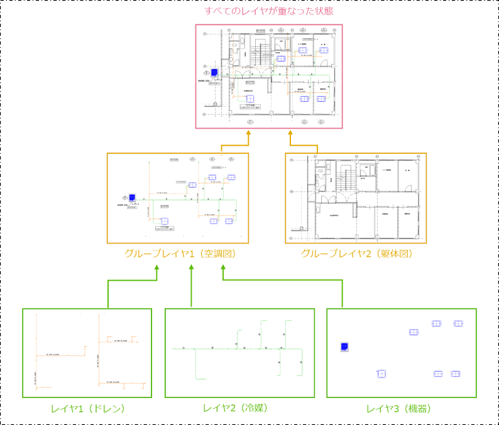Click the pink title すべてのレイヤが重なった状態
[x=268, y=11]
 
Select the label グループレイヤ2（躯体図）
[x=356, y=254]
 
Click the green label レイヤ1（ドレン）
[x=88, y=409]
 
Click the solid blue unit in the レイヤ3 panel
[x=344, y=347]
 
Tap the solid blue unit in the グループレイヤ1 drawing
[x=133, y=196]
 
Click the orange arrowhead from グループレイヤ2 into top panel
[x=291, y=133]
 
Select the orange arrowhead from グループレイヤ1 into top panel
[x=248, y=133]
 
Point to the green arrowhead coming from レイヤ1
[x=156, y=268]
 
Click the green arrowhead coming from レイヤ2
[x=190, y=268]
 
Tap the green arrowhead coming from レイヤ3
[x=222, y=268]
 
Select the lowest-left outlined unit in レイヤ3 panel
[x=381, y=374]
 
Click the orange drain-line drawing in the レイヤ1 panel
[x=88, y=352]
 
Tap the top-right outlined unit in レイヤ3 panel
[x=458, y=324]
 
